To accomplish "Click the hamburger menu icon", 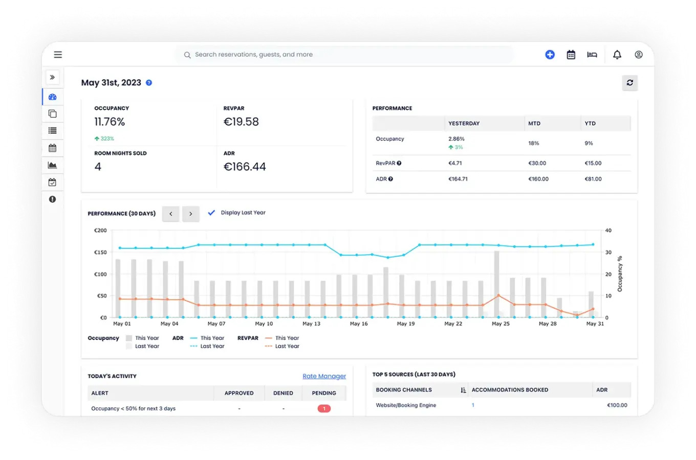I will [x=58, y=55].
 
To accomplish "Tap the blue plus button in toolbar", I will [x=550, y=55].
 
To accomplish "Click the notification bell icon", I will [x=617, y=55].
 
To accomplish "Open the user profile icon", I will [x=639, y=55].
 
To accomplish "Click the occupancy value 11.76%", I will [x=110, y=122].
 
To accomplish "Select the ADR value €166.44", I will [x=245, y=167].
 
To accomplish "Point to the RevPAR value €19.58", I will [x=241, y=122].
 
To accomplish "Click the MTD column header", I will [x=534, y=124].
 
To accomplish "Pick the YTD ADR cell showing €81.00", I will [x=593, y=179].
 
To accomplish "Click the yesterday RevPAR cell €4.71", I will [x=455, y=164].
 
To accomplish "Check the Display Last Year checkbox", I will [x=211, y=213].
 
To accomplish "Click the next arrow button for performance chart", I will [x=190, y=214].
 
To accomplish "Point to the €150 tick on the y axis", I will [x=100, y=252].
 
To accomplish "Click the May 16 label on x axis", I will [x=359, y=324].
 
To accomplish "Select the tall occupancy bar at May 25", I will [x=496, y=284].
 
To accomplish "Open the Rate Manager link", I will [x=324, y=376].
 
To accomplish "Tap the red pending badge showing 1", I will [x=324, y=408].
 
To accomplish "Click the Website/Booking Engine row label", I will [x=406, y=405].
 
